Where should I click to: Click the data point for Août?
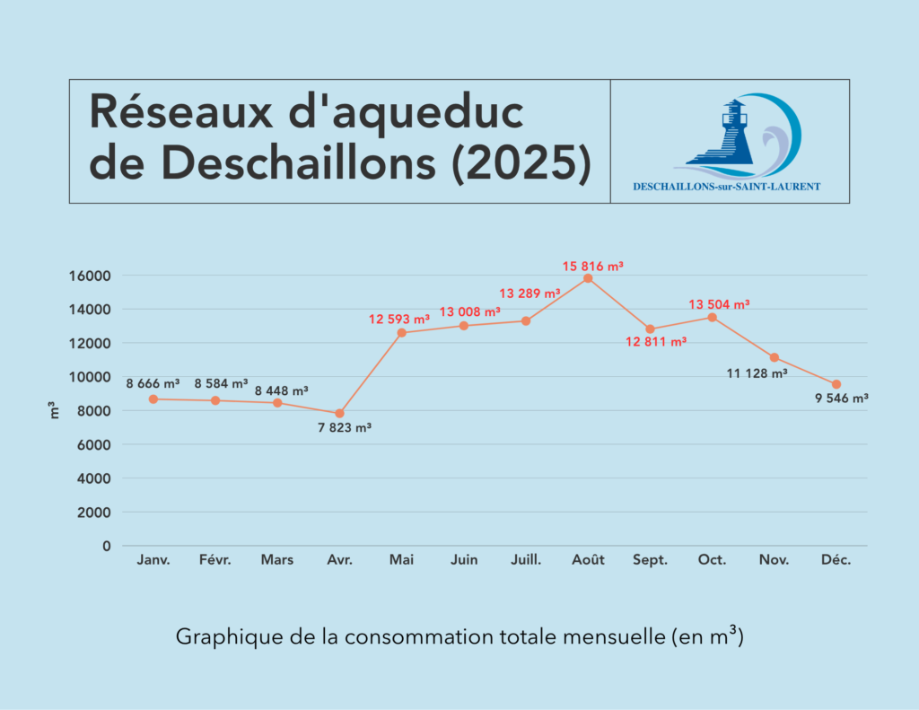(x=588, y=278)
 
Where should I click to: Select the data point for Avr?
(x=339, y=414)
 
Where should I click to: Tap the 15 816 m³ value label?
(x=592, y=266)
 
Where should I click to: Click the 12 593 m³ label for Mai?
(x=399, y=319)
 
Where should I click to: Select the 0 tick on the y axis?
(x=107, y=546)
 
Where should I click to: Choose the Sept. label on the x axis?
(x=650, y=560)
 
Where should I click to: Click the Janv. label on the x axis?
(x=153, y=560)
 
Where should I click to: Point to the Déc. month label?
(x=836, y=560)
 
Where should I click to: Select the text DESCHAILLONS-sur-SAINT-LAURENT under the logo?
(x=726, y=188)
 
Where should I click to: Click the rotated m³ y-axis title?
(x=54, y=412)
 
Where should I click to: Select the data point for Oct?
(x=712, y=317)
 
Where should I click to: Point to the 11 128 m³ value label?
(x=757, y=372)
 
